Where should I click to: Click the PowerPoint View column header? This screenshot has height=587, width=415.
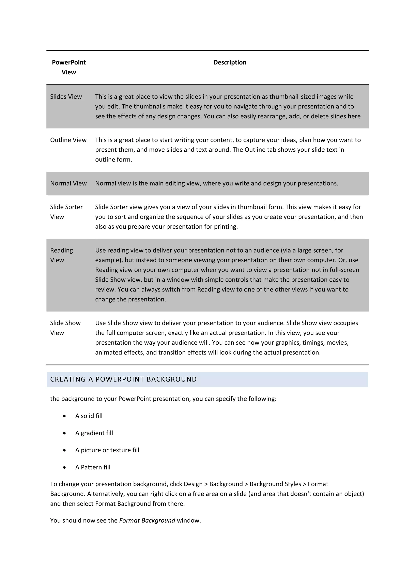(69, 67)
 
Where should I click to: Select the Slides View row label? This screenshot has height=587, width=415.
(66, 97)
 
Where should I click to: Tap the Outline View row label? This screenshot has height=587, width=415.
(68, 140)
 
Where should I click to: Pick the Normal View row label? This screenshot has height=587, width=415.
(68, 183)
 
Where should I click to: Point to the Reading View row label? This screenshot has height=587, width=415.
(61, 255)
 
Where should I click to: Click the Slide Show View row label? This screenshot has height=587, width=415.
(65, 328)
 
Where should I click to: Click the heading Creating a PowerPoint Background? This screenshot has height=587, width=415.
(123, 379)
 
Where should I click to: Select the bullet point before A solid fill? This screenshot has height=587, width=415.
(64, 416)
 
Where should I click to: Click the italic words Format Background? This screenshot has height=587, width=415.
(147, 520)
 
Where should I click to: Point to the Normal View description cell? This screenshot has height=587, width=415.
(216, 183)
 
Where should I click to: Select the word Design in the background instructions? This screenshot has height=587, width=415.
(193, 484)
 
